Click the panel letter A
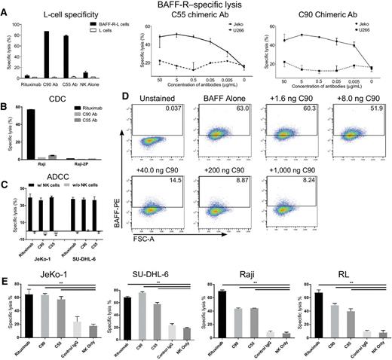(5, 5)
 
